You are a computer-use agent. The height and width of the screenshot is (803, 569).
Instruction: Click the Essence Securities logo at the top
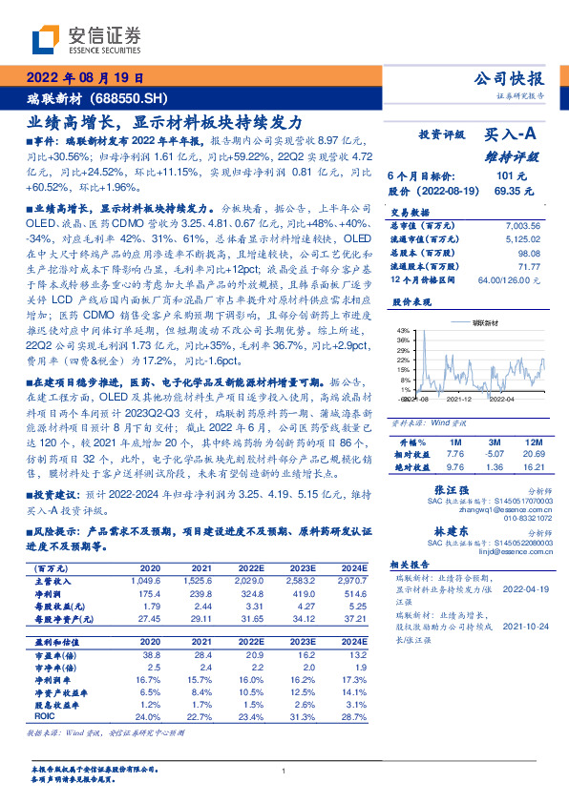pos(86,38)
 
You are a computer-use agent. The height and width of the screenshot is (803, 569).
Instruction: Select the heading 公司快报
pos(509,79)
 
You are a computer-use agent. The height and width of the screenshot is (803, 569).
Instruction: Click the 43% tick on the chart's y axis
pos(406,329)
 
